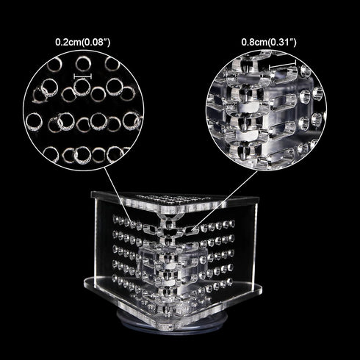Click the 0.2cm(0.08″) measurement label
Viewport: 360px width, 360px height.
click(83, 42)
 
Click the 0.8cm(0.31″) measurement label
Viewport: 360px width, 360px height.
click(269, 42)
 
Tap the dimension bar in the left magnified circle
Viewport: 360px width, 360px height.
click(83, 76)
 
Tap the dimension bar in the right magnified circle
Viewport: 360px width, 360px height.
click(283, 65)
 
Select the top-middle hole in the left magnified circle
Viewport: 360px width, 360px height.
click(83, 64)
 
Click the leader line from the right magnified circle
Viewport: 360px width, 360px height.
click(226, 200)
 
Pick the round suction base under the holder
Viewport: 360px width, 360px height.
click(172, 321)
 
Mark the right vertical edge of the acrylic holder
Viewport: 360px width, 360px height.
click(256, 244)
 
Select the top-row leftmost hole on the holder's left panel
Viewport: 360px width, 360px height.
click(115, 218)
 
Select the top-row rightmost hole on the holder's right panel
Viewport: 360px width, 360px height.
click(232, 223)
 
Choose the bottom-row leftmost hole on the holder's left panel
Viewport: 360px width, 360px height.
click(115, 278)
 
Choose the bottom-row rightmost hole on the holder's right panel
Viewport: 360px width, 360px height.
click(229, 282)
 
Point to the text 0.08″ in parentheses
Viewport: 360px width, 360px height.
click(96, 42)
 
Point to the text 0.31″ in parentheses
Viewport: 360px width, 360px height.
click(282, 42)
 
